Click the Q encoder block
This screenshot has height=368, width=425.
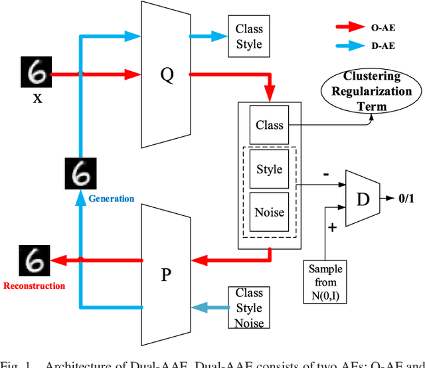pyautogui.click(x=167, y=74)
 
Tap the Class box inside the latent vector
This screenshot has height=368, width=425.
pyautogui.click(x=270, y=125)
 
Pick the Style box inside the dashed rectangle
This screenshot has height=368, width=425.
pyautogui.click(x=270, y=169)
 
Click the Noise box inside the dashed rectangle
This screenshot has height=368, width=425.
pyautogui.click(x=270, y=213)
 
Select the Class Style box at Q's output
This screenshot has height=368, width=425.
pyautogui.click(x=249, y=37)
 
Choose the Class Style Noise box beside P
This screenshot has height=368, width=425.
pyautogui.click(x=249, y=308)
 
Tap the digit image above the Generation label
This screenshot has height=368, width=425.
pyautogui.click(x=81, y=174)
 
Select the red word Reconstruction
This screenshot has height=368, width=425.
pyautogui.click(x=35, y=286)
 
